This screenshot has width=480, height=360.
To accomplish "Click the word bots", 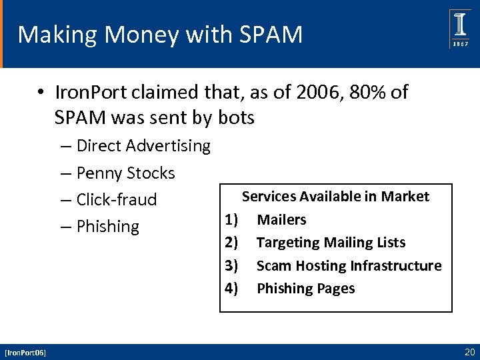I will tap(236, 119).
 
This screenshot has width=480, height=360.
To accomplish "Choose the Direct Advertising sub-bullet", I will tap(143, 145).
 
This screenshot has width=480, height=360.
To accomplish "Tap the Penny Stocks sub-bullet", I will tap(125, 173).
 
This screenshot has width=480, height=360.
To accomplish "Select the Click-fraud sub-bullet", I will tap(117, 199).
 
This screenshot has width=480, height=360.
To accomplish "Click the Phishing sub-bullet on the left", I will tap(107, 227).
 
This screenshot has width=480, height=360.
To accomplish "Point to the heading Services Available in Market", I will tap(335, 197).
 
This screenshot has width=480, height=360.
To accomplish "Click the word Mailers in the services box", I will tap(281, 219).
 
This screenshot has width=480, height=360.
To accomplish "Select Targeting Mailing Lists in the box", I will tap(331, 242).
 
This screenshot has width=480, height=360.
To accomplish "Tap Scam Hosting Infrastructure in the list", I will tap(349, 265).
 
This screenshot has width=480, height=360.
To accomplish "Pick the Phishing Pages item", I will tap(305, 288).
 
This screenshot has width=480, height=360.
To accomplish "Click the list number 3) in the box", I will tap(231, 265).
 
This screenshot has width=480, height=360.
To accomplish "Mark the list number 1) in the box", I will tap(231, 219).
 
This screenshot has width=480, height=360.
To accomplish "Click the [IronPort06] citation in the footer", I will tap(25, 352).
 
